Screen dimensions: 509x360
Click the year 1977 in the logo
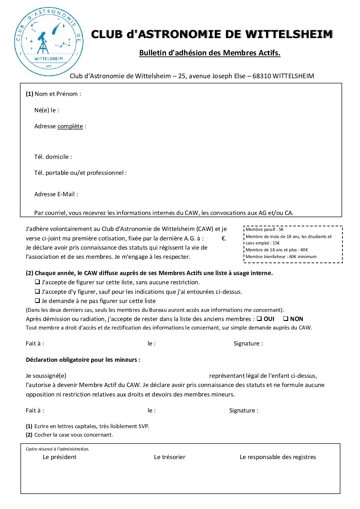(49, 66)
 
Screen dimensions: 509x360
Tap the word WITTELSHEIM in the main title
(289, 34)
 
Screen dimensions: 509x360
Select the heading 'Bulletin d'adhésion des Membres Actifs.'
(210, 53)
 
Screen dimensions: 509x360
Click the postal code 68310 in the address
(262, 76)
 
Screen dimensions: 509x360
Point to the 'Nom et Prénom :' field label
(58, 94)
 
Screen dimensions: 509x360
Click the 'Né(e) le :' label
(47, 110)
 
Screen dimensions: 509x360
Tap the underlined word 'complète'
(70, 126)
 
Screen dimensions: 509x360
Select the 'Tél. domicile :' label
(53, 157)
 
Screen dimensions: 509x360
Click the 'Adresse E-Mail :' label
(56, 194)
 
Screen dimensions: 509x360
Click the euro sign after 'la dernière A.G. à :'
(224, 239)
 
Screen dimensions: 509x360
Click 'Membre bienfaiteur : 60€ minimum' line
(281, 257)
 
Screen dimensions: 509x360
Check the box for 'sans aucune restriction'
(37, 282)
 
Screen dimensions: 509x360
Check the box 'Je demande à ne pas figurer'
(37, 301)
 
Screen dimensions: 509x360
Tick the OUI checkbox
(259, 319)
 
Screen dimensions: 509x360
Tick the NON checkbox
(286, 319)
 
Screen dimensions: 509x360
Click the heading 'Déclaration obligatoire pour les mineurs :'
(83, 360)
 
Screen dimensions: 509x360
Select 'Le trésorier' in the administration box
(169, 457)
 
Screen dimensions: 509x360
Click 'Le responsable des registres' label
(278, 457)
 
